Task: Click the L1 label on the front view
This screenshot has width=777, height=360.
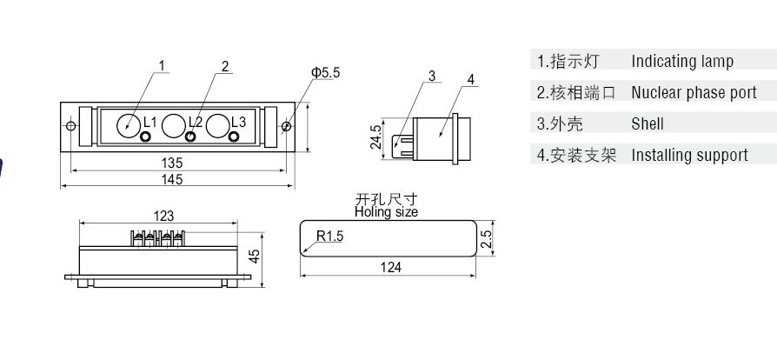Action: click(x=149, y=122)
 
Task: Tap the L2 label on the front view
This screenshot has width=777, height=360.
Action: click(x=195, y=122)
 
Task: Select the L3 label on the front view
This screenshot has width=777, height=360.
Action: click(x=238, y=122)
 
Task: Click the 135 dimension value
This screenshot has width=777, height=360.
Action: click(x=171, y=163)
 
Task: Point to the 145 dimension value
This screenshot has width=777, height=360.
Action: click(x=171, y=179)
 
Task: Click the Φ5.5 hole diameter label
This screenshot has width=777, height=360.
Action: click(x=325, y=73)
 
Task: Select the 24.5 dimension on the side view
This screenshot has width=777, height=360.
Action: click(x=375, y=137)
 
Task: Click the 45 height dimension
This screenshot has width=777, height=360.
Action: click(x=255, y=256)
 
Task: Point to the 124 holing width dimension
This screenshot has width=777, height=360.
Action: click(x=391, y=267)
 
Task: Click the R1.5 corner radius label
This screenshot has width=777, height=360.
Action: click(x=330, y=236)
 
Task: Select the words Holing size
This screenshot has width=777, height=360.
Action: click(x=386, y=211)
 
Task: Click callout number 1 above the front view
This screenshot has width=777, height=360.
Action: click(x=162, y=63)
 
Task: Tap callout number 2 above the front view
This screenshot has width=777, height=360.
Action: click(x=224, y=66)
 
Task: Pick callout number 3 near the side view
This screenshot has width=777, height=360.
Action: click(x=431, y=76)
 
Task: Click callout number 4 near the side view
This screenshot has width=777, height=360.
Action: click(x=470, y=79)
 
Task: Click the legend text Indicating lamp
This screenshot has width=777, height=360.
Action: click(x=682, y=61)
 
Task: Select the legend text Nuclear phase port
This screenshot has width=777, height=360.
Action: click(x=694, y=92)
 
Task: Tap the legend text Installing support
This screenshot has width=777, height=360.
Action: click(x=689, y=155)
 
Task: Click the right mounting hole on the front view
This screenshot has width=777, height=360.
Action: click(x=285, y=126)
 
